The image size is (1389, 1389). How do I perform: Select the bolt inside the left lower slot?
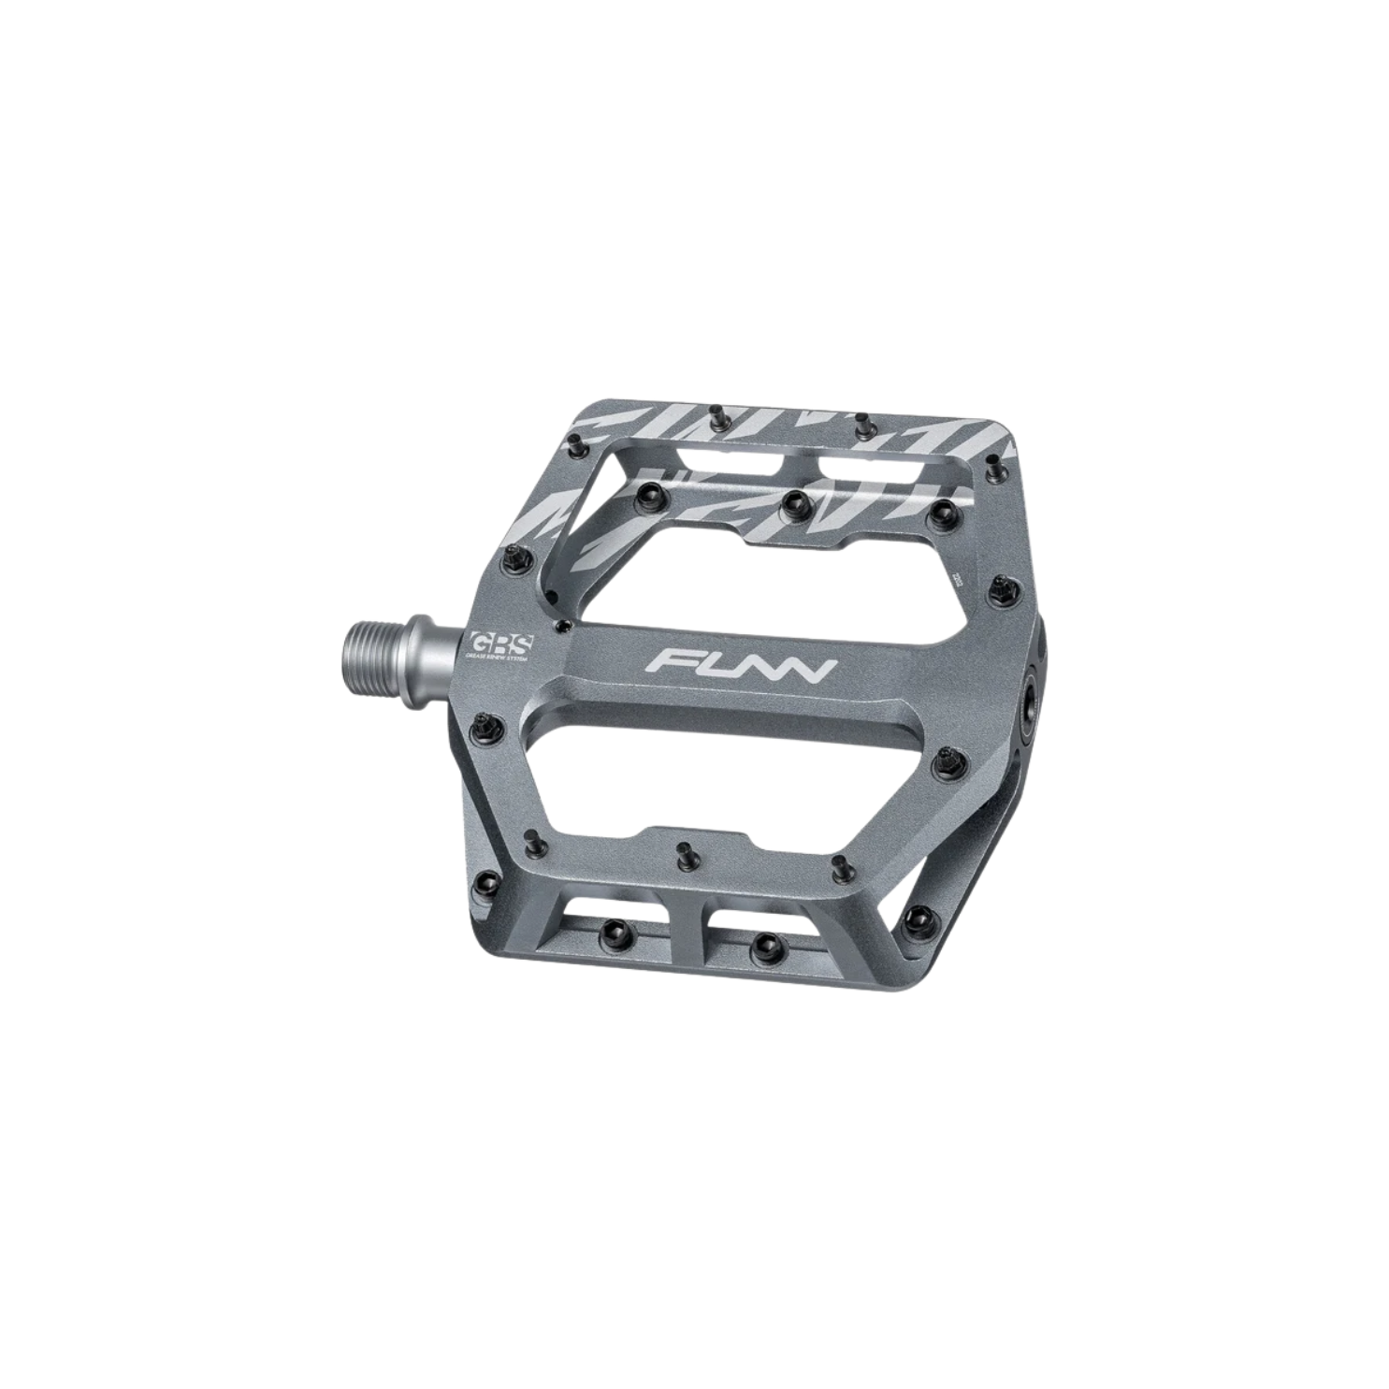coord(615,928)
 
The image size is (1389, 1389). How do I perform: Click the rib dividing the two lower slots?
coord(689,921)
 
